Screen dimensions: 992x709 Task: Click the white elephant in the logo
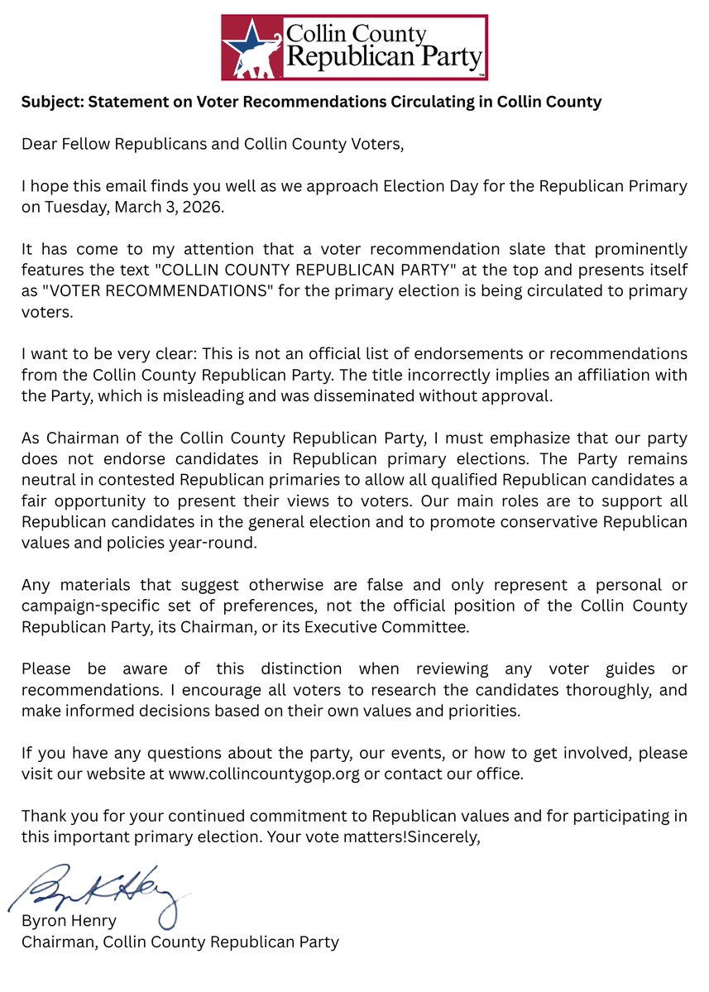[255, 59]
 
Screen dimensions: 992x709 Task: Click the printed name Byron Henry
[69, 921]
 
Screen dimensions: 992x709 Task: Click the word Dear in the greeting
[38, 144]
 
